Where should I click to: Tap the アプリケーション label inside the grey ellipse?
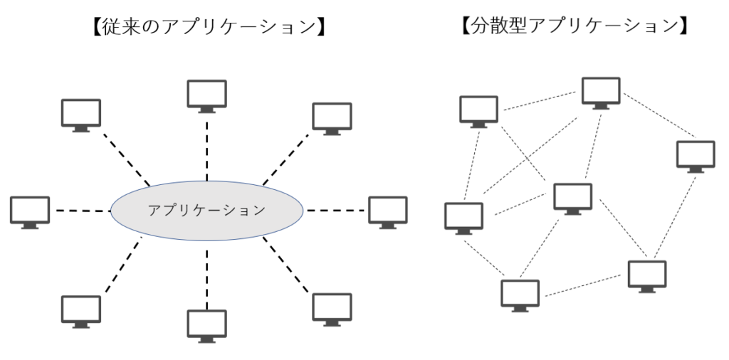206,211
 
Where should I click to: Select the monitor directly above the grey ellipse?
206,95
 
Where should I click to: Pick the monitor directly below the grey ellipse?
206,324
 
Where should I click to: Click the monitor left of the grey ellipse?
30,211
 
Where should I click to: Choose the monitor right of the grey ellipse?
387,211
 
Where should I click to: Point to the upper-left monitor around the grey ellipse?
80,114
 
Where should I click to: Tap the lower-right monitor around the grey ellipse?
332,307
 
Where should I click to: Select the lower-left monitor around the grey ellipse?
80,310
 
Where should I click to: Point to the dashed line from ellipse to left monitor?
82,211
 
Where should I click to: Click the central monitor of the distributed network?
572,198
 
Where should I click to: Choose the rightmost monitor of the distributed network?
695,156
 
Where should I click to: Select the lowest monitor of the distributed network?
520,294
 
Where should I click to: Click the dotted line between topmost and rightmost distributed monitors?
659,115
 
